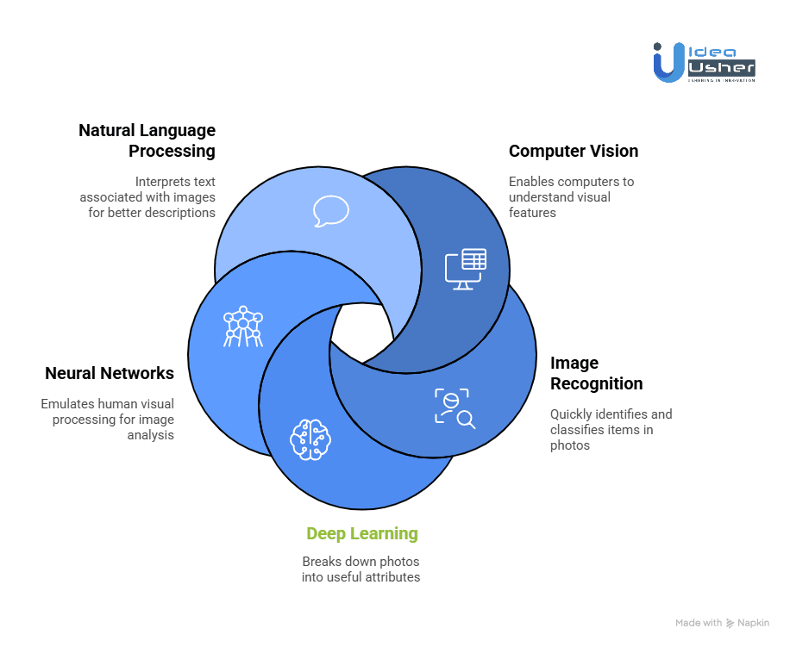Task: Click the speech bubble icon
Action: [x=331, y=210]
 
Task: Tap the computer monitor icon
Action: [x=465, y=268]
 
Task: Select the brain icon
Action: [x=310, y=439]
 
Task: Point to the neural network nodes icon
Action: [x=242, y=327]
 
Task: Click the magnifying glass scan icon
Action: [x=455, y=408]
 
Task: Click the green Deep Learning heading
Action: [x=362, y=533]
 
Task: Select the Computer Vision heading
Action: [x=574, y=151]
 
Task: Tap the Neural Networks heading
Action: [x=110, y=373]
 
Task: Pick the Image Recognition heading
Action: [x=597, y=373]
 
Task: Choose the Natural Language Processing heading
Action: [x=147, y=140]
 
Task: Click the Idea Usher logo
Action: [x=704, y=62]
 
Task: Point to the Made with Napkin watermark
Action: [x=723, y=622]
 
